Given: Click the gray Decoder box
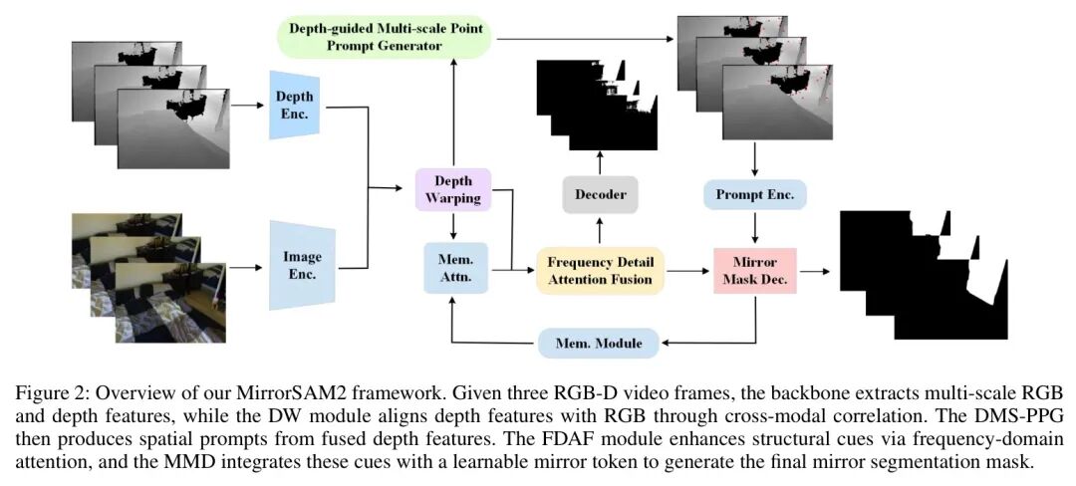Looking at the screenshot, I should point(599,195).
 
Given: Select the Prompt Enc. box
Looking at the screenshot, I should point(754,194).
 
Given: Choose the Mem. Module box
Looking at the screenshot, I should point(598,344).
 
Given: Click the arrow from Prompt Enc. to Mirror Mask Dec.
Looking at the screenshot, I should point(754,227).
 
